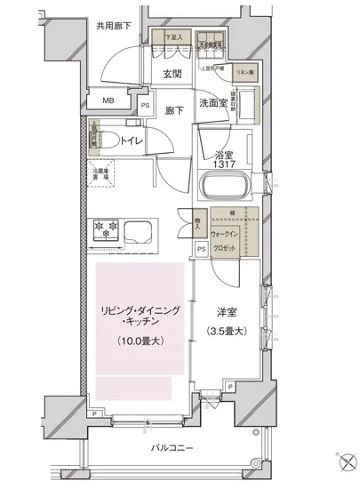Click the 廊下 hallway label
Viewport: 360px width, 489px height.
click(x=175, y=111)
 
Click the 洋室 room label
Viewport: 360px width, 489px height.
click(x=227, y=313)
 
